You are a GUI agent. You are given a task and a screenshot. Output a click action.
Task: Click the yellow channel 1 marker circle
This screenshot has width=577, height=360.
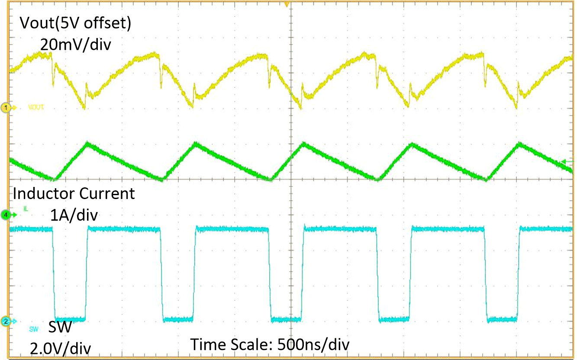[x=6, y=107]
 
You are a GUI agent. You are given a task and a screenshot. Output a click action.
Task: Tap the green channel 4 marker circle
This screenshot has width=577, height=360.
[x=6, y=214]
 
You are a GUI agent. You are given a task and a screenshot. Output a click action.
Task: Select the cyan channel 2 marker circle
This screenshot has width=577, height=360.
[x=6, y=321]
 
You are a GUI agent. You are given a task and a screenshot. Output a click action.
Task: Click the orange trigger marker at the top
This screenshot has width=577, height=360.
[x=286, y=4]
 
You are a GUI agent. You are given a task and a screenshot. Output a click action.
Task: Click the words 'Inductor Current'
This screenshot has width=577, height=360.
[x=74, y=193]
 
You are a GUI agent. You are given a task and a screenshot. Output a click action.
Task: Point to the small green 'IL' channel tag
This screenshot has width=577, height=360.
[x=26, y=209]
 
